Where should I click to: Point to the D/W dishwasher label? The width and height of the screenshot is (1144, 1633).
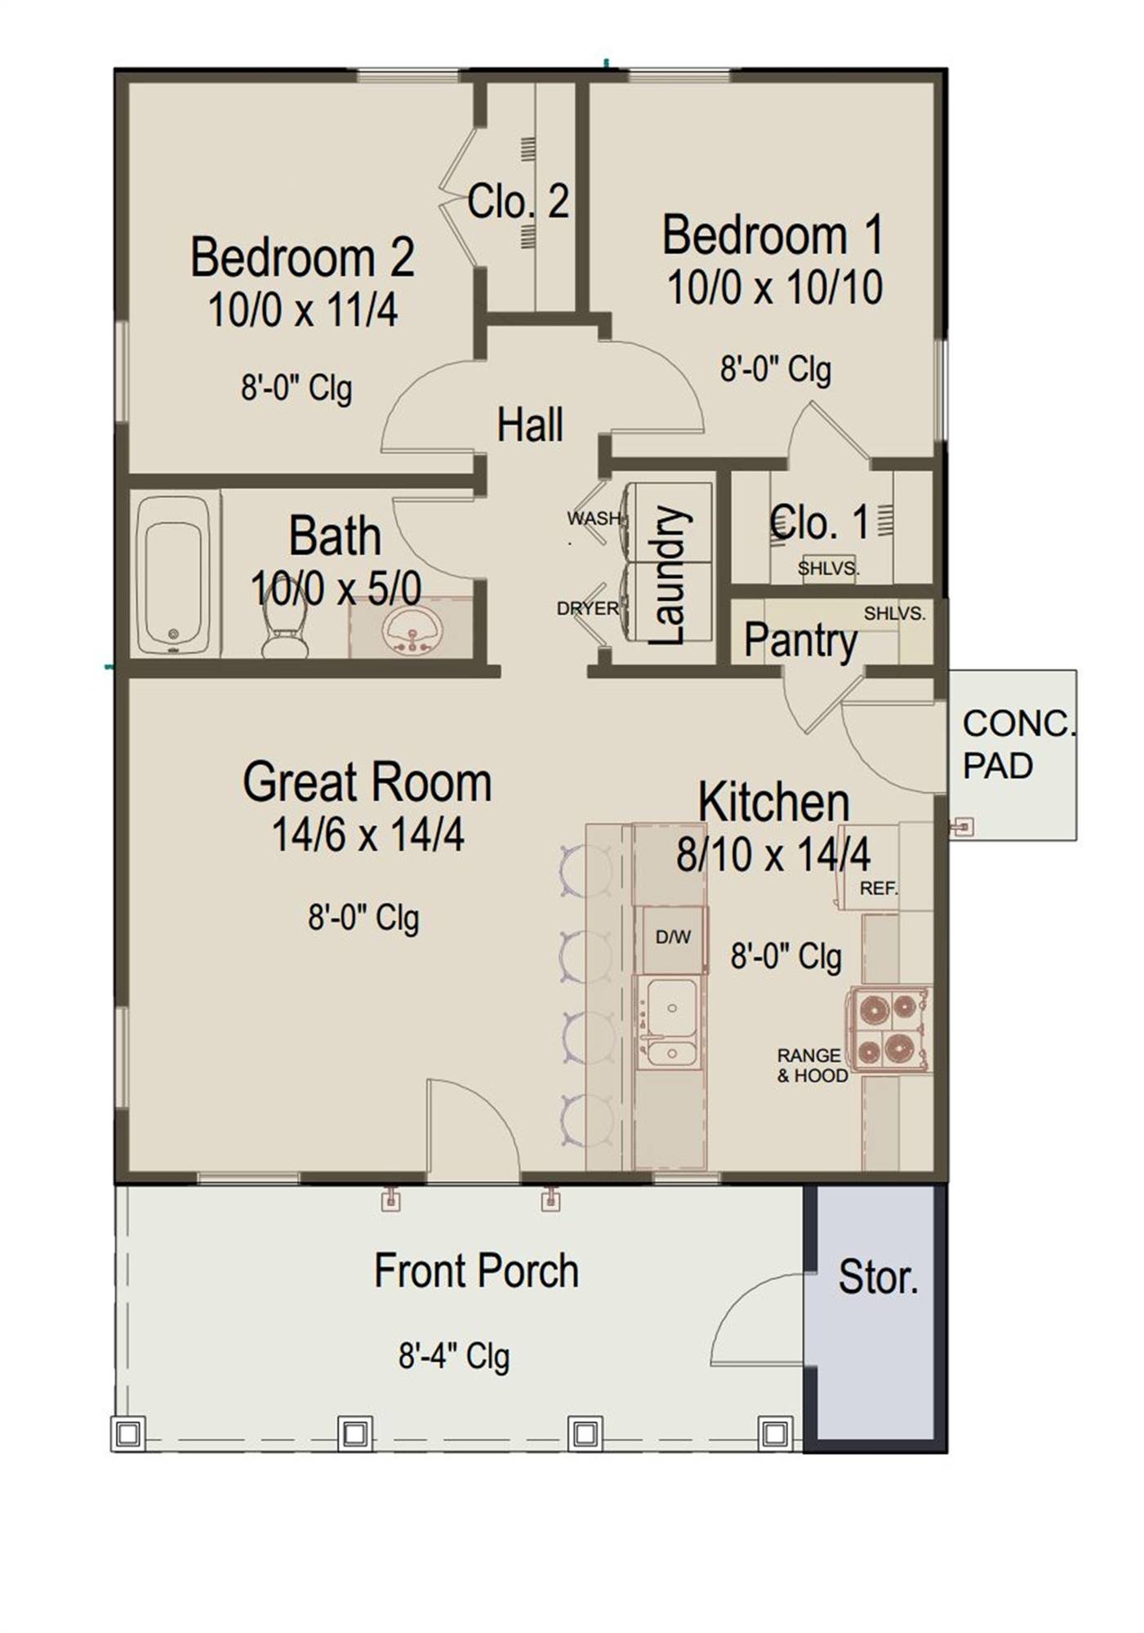pyautogui.click(x=673, y=937)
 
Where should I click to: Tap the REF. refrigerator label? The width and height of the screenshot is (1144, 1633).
pyautogui.click(x=879, y=888)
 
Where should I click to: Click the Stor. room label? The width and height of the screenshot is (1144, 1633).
pyautogui.click(x=879, y=1278)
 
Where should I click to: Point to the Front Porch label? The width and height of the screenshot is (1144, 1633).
pyautogui.click(x=476, y=1271)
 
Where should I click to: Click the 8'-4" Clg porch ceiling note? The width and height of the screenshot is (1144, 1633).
pyautogui.click(x=454, y=1356)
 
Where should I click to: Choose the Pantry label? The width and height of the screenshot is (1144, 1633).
pyautogui.click(x=800, y=640)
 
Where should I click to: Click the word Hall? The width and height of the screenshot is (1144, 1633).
pyautogui.click(x=530, y=425)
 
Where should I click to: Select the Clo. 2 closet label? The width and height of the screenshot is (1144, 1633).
pyautogui.click(x=518, y=201)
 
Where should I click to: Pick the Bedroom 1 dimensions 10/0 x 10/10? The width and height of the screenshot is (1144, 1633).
pyautogui.click(x=775, y=287)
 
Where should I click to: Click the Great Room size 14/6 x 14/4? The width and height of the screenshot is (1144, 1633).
pyautogui.click(x=367, y=834)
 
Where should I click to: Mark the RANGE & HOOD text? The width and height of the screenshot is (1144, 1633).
pyautogui.click(x=812, y=1066)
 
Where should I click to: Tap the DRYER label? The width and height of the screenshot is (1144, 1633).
pyautogui.click(x=588, y=609)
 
